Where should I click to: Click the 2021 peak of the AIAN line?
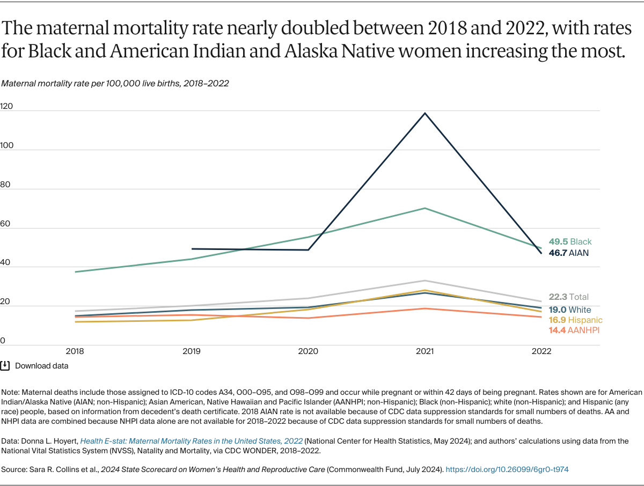click(425, 113)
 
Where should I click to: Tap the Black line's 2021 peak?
click(425, 208)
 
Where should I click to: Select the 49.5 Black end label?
click(570, 242)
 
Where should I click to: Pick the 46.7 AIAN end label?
click(568, 253)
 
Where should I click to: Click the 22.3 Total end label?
click(568, 297)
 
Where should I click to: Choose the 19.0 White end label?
click(569, 310)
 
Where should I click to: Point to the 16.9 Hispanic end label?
click(575, 320)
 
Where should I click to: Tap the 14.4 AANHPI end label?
click(574, 330)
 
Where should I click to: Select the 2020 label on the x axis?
click(308, 352)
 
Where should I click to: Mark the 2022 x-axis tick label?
click(541, 352)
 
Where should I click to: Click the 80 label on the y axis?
click(5, 185)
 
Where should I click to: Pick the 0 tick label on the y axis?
click(3, 340)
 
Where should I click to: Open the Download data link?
click(41, 366)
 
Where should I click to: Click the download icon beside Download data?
click(5, 366)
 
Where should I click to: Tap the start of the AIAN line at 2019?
click(192, 249)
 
